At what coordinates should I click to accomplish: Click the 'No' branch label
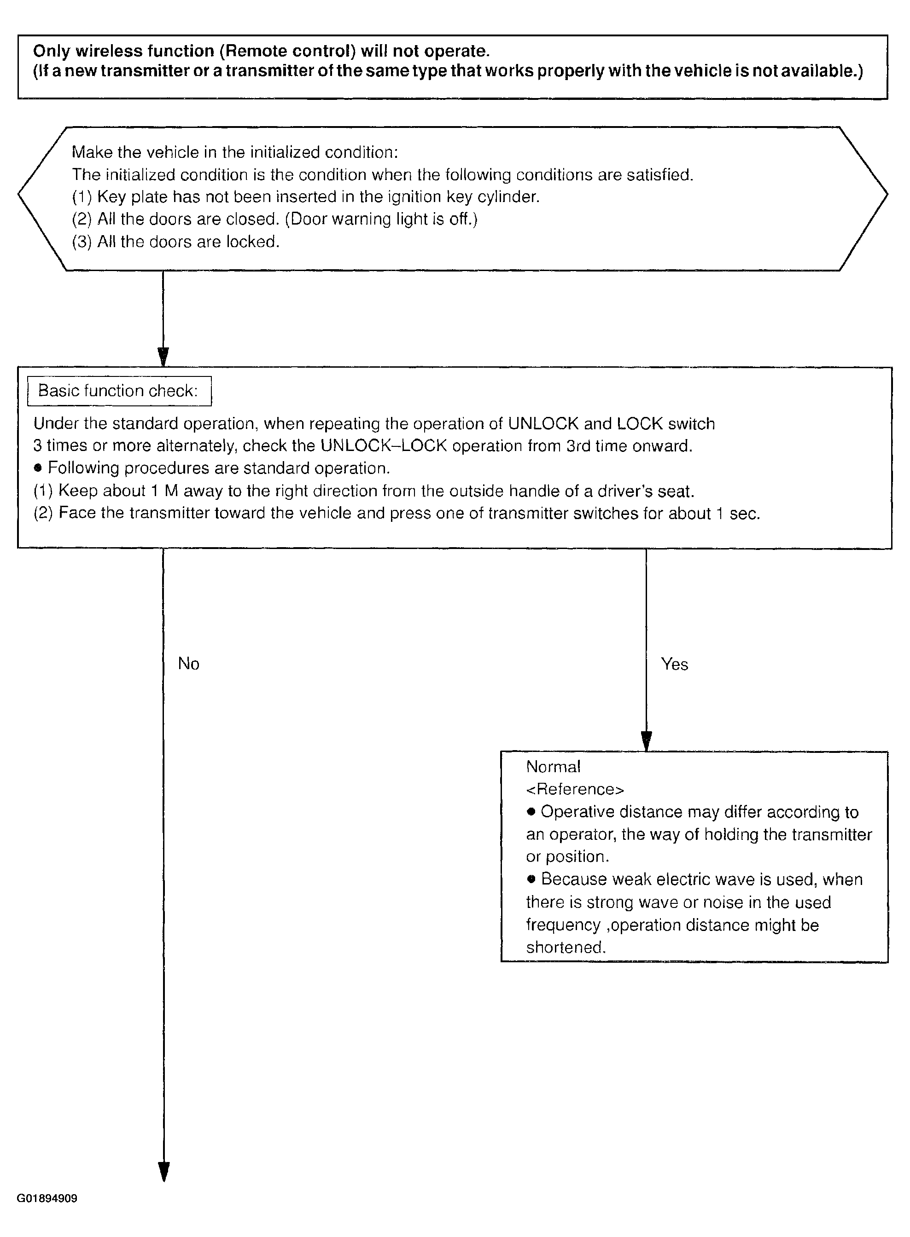point(188,664)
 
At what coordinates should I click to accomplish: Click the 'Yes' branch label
point(674,665)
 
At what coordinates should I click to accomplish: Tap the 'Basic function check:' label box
point(119,391)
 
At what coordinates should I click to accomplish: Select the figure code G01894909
point(47,1198)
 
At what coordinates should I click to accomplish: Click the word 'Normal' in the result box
point(553,767)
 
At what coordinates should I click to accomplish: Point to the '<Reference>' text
point(575,789)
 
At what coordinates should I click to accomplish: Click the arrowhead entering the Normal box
point(647,741)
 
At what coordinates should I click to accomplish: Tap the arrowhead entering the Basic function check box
point(163,356)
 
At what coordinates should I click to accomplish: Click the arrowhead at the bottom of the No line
point(163,1172)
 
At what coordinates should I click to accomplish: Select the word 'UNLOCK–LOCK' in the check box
point(384,445)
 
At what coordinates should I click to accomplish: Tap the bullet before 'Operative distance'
point(531,812)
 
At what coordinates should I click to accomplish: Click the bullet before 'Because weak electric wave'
point(531,879)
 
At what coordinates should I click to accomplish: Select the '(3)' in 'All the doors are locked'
point(82,242)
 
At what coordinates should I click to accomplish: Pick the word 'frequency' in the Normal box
point(563,925)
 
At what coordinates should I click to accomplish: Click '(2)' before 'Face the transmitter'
point(43,513)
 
